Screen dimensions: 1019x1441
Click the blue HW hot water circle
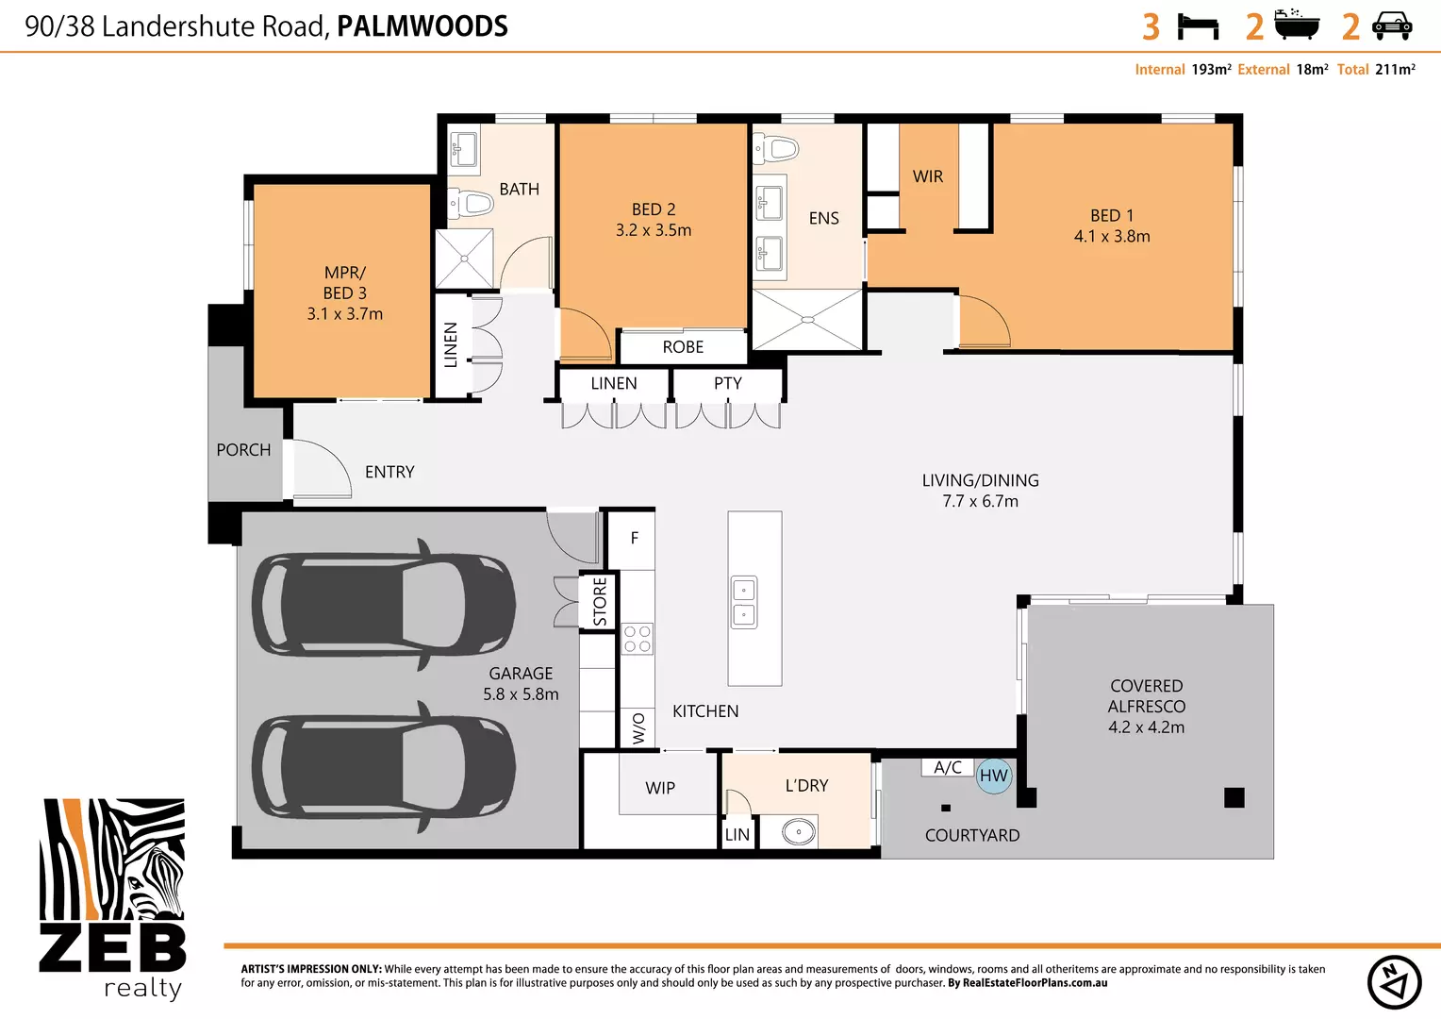(994, 777)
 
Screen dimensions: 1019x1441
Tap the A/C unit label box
(948, 767)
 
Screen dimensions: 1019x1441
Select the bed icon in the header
(1199, 26)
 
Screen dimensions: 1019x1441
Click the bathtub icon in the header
(1297, 25)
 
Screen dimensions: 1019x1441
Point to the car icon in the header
(1392, 26)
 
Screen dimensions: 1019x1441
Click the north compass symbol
(1394, 982)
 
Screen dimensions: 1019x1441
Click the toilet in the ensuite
(777, 148)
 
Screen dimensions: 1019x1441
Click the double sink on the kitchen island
(744, 603)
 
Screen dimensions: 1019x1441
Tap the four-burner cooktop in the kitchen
(638, 639)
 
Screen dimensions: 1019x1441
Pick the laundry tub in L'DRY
(798, 832)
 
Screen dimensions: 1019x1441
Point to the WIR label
(928, 176)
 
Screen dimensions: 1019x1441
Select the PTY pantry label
(727, 383)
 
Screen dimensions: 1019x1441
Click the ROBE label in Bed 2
(683, 347)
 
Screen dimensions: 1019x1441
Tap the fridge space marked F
(634, 538)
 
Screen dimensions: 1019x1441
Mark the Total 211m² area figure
(1376, 70)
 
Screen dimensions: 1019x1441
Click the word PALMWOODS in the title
(422, 26)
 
